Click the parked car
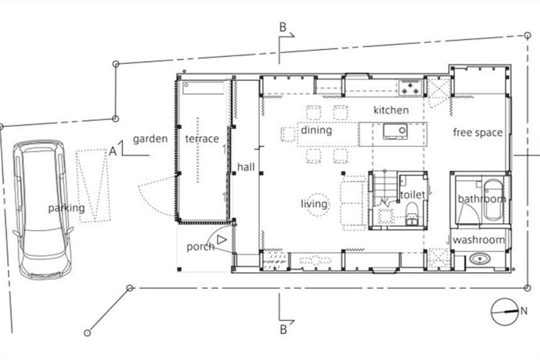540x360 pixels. (43, 209)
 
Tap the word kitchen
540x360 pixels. (391, 110)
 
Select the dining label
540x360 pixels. (316, 130)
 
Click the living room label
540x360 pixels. (314, 204)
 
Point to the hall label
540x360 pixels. (246, 167)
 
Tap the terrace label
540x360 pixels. (202, 139)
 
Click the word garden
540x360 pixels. (150, 139)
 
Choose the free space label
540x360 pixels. (478, 133)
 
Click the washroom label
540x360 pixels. (478, 240)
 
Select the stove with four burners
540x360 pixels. (410, 87)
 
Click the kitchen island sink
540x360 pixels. (395, 131)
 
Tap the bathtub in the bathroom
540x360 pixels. (493, 200)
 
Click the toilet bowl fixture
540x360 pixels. (411, 214)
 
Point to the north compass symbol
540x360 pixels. (505, 312)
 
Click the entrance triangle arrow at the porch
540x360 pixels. (222, 240)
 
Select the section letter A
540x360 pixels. (112, 151)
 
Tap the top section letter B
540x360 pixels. (283, 27)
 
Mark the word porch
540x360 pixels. (200, 247)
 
